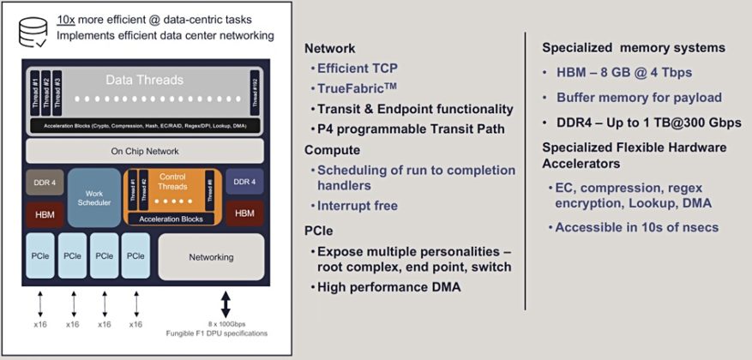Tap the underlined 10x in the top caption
click(x=66, y=19)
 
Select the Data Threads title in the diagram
click(x=144, y=80)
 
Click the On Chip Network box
click(x=144, y=152)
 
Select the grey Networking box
click(x=210, y=257)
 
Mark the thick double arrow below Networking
click(x=226, y=304)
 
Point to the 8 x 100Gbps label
click(x=226, y=324)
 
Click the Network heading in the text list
click(x=329, y=49)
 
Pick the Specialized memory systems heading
click(x=634, y=47)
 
